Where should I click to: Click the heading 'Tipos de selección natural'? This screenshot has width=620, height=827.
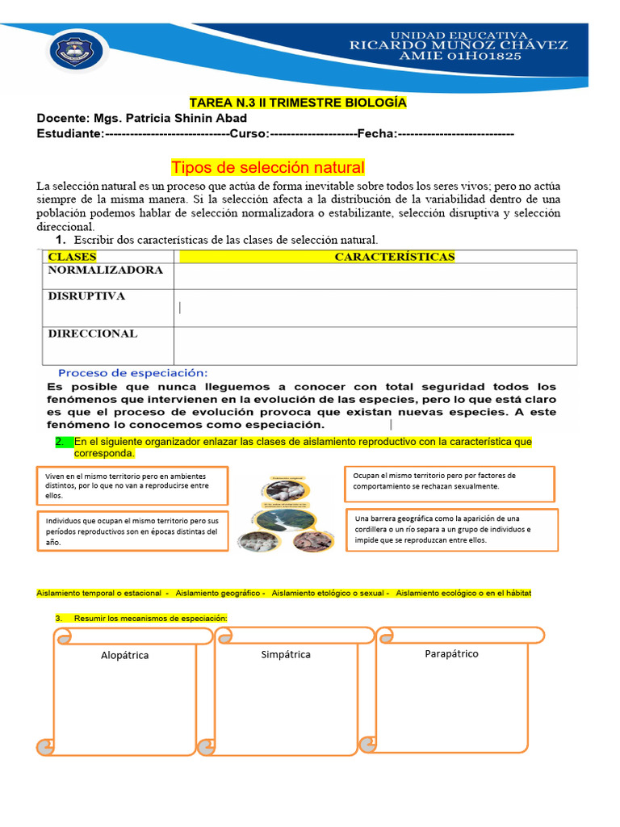(267, 167)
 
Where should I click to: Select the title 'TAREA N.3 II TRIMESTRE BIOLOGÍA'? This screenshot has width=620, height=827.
(297, 103)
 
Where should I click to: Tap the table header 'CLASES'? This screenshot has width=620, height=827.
(73, 257)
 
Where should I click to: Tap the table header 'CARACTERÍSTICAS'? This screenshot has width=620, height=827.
(394, 257)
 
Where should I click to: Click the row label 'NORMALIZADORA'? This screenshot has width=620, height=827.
(106, 271)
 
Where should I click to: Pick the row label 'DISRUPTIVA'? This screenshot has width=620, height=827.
(86, 296)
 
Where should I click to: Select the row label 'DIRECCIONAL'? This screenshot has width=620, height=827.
(93, 334)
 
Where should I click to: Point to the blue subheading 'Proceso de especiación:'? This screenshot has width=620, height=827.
(133, 372)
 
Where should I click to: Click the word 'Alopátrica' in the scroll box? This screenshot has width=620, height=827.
(124, 656)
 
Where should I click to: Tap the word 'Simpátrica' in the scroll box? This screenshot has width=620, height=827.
(286, 654)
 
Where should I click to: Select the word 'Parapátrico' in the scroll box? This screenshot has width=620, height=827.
(451, 653)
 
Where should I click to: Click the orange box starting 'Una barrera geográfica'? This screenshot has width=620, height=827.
(451, 529)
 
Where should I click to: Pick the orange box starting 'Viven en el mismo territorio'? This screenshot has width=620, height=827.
(132, 485)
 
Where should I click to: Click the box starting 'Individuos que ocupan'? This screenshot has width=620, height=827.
(132, 531)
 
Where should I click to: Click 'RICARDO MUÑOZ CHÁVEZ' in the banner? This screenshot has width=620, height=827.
(458, 46)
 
